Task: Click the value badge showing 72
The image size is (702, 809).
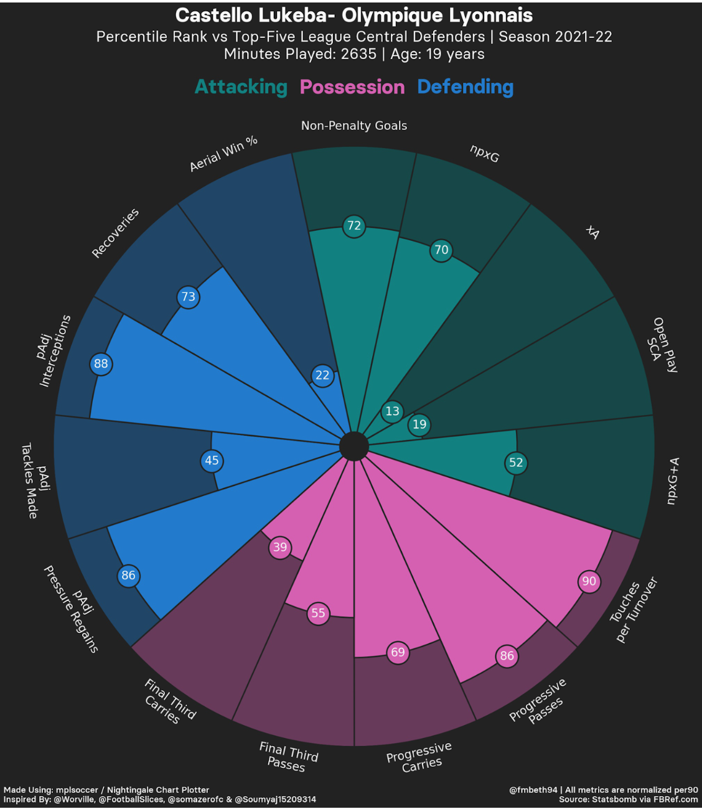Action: (353, 226)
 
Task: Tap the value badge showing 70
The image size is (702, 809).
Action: (441, 250)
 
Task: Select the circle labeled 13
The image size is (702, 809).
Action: (392, 411)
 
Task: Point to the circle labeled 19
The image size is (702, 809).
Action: (419, 424)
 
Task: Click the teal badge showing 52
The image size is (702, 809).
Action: (516, 462)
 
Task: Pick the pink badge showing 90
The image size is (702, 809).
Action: (589, 581)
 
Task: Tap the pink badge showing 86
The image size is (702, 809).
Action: (507, 656)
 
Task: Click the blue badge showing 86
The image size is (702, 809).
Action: (128, 575)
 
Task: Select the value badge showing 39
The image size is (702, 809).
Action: (280, 547)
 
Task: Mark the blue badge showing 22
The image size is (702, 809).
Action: (322, 375)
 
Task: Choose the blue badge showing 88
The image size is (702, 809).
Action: (101, 364)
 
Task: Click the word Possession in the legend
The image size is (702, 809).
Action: (352, 87)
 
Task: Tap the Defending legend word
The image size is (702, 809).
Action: (466, 87)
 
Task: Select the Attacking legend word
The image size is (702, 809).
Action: (241, 87)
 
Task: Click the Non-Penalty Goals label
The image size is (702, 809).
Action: (353, 126)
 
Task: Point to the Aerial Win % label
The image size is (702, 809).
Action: (223, 154)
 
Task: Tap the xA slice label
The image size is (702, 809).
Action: (592, 233)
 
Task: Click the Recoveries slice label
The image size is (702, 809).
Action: (115, 233)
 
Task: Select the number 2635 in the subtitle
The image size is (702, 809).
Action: (358, 54)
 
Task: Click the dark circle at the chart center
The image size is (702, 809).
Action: (353, 446)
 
